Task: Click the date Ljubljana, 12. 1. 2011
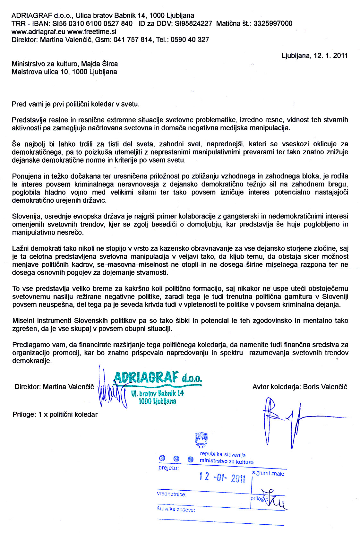[314, 56]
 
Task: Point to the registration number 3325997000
[273, 23]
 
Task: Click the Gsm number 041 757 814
[133, 40]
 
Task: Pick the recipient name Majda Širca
[99, 64]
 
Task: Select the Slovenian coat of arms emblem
[201, 440]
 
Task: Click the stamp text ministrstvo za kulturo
[226, 462]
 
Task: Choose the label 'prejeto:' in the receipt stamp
[168, 468]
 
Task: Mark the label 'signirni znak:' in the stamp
[268, 473]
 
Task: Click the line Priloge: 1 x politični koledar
[55, 414]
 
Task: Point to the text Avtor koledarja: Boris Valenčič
[300, 387]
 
